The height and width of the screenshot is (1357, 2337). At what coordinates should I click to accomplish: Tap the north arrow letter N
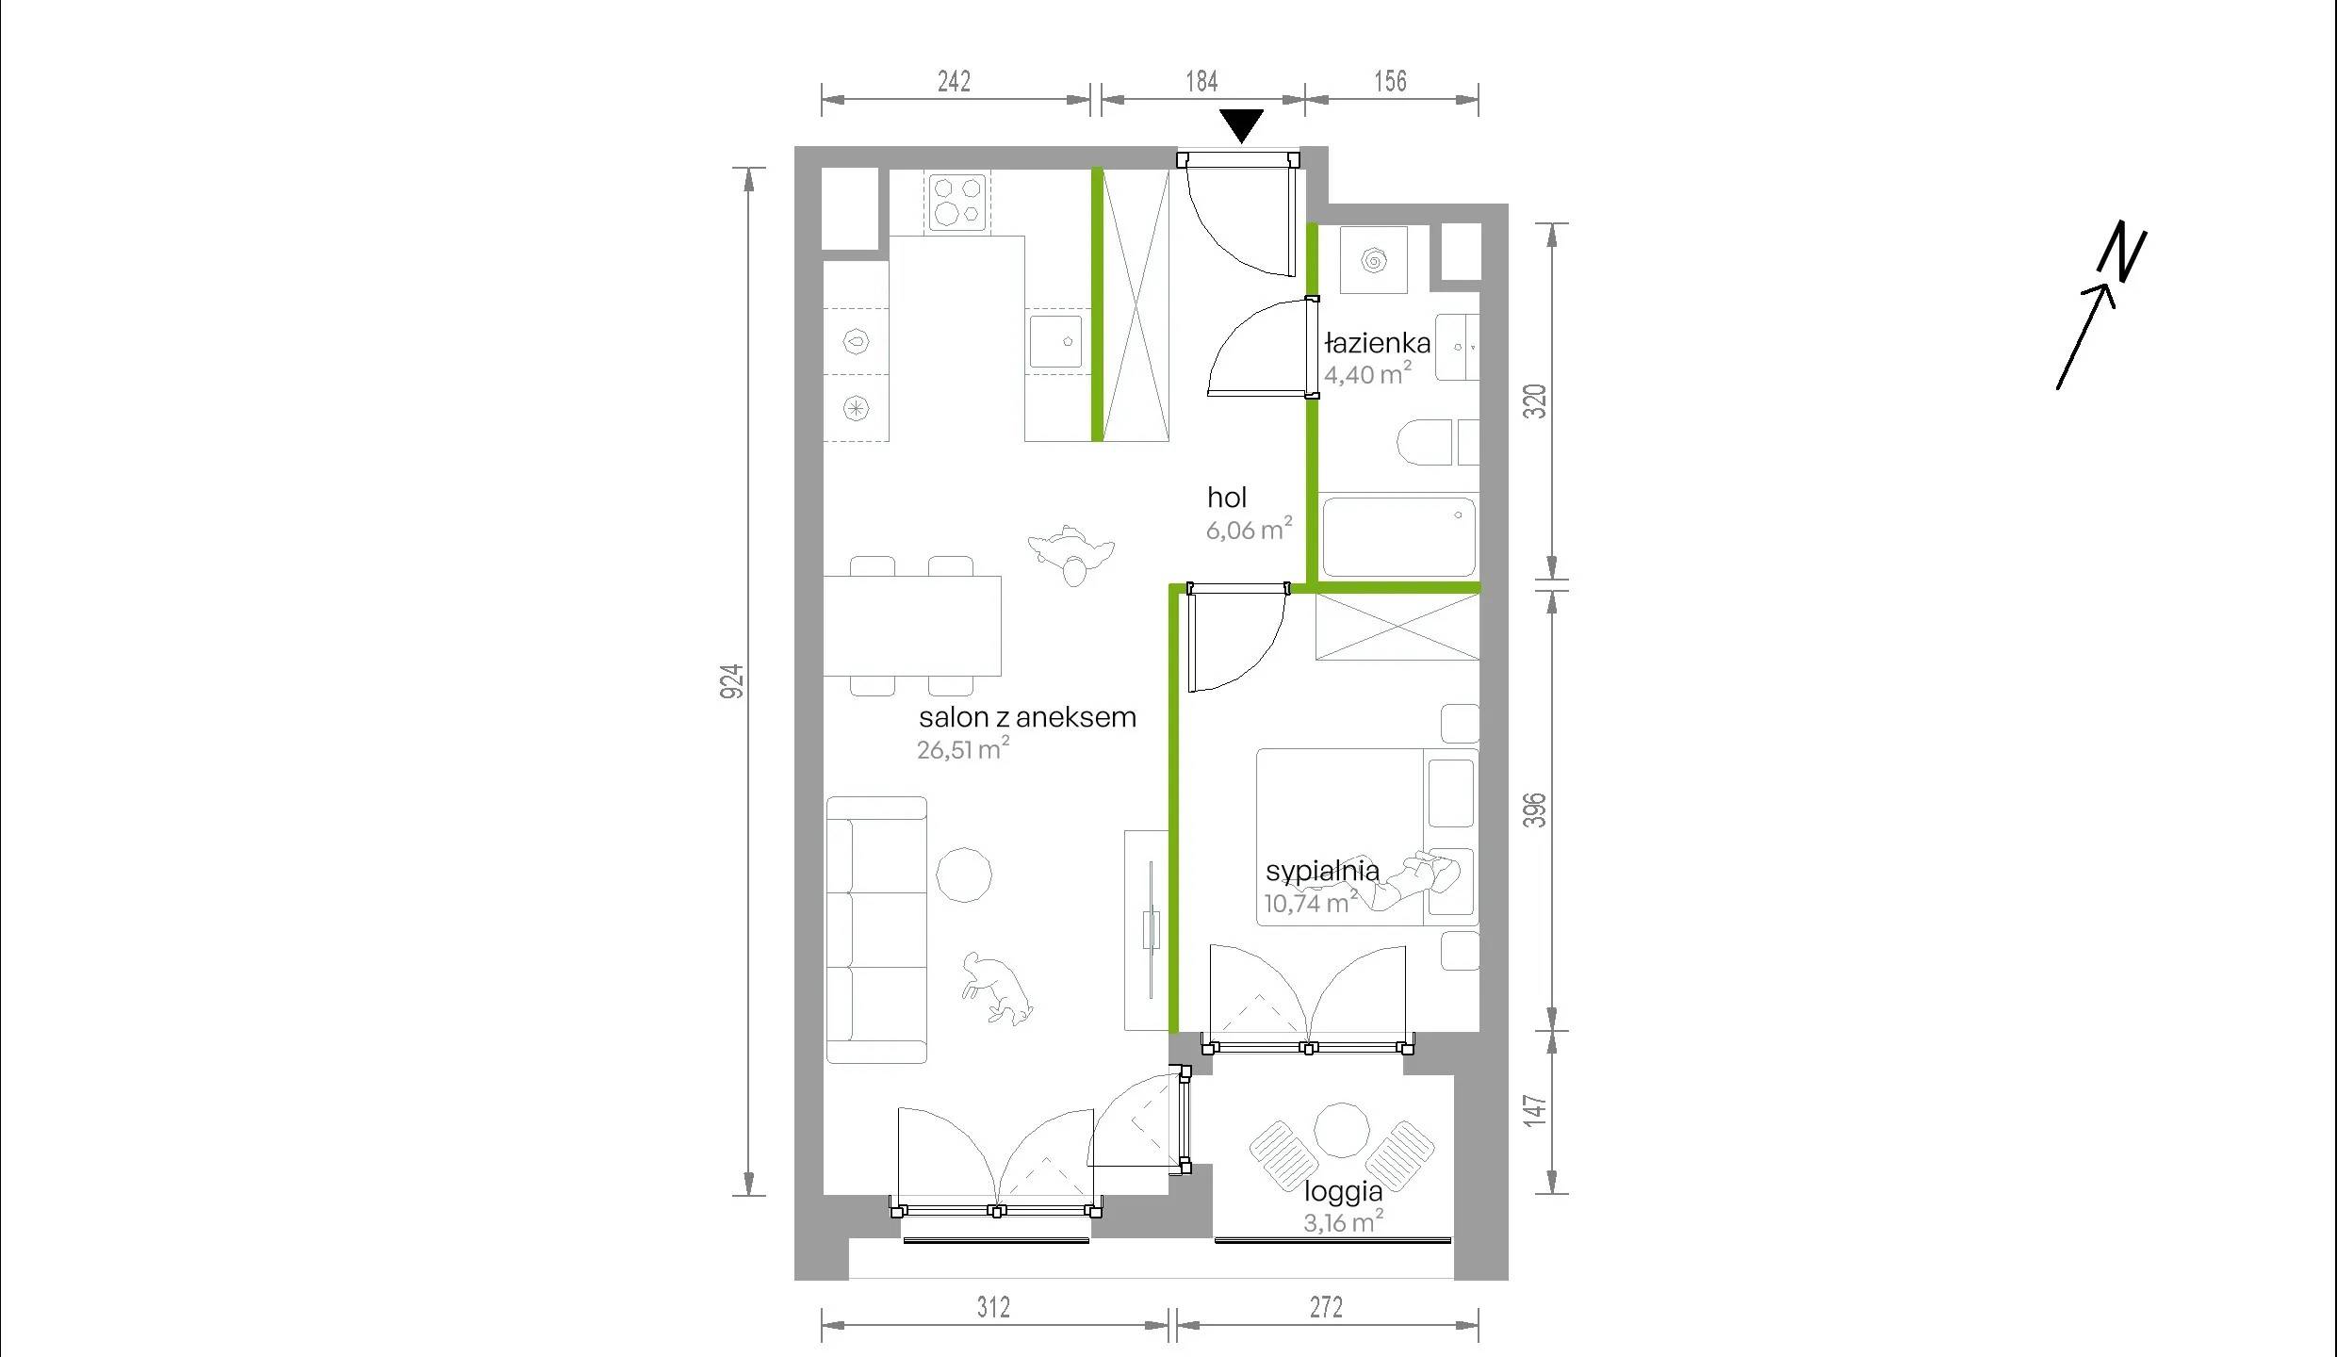pyautogui.click(x=2122, y=252)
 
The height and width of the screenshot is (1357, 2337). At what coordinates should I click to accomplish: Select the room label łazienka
pyautogui.click(x=1377, y=342)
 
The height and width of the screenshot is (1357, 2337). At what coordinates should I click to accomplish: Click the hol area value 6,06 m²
pyautogui.click(x=1250, y=529)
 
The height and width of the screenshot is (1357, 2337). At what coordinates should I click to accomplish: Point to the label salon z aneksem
pyautogui.click(x=1027, y=717)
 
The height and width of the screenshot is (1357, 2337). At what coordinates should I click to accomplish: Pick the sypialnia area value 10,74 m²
pyautogui.click(x=1311, y=902)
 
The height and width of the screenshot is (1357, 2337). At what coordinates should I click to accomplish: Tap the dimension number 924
pyautogui.click(x=731, y=681)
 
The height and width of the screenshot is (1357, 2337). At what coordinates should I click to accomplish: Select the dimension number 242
pyautogui.click(x=954, y=82)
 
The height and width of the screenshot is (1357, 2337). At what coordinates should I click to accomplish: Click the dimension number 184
pyautogui.click(x=1201, y=82)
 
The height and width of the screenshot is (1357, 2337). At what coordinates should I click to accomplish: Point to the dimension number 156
pyautogui.click(x=1390, y=82)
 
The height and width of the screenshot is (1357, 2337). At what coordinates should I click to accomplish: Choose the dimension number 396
pyautogui.click(x=1535, y=809)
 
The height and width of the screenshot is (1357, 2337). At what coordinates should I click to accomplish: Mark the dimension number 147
pyautogui.click(x=1535, y=1109)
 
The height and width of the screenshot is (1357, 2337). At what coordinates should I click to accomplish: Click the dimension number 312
pyautogui.click(x=993, y=1307)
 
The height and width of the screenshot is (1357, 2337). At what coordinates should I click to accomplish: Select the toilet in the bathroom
pyautogui.click(x=1424, y=442)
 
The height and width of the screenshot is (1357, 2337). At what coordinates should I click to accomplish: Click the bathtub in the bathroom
pyautogui.click(x=1398, y=536)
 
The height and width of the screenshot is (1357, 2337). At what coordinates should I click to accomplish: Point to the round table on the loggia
pyautogui.click(x=1341, y=1129)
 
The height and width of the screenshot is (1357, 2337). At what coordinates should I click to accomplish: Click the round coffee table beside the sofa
pyautogui.click(x=963, y=875)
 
